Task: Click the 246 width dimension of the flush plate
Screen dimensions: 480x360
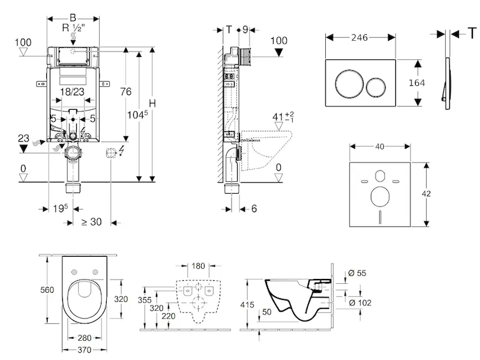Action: (359, 38)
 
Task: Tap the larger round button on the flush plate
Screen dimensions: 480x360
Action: (349, 83)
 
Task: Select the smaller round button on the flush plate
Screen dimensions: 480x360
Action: (376, 86)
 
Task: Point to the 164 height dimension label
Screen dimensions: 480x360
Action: (416, 83)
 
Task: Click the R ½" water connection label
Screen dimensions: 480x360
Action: (73, 28)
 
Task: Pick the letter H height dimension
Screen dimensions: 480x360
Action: (152, 103)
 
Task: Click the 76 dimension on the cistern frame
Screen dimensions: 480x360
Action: (125, 92)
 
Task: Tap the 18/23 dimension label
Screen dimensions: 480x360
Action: (72, 92)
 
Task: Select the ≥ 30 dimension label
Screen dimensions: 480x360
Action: (92, 221)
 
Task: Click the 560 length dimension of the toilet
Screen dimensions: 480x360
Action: (47, 290)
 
